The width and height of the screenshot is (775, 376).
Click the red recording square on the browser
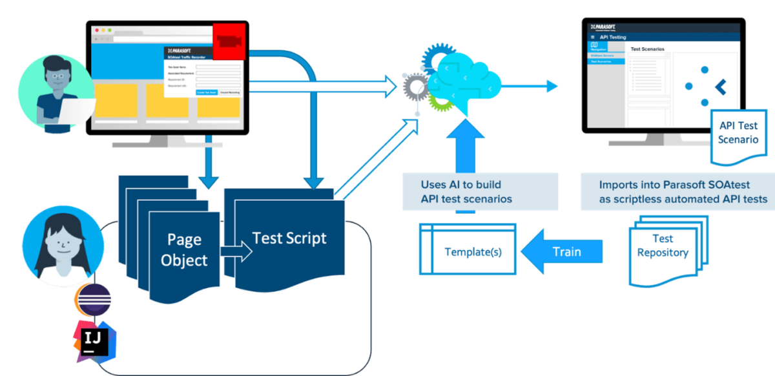[229, 41]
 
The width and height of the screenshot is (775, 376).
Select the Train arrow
[561, 251]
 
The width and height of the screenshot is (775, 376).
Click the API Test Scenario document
[738, 133]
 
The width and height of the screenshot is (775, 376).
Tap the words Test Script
[289, 238]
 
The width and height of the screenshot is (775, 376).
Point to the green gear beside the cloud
[440, 101]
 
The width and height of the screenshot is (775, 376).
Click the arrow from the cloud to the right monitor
[530, 86]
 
